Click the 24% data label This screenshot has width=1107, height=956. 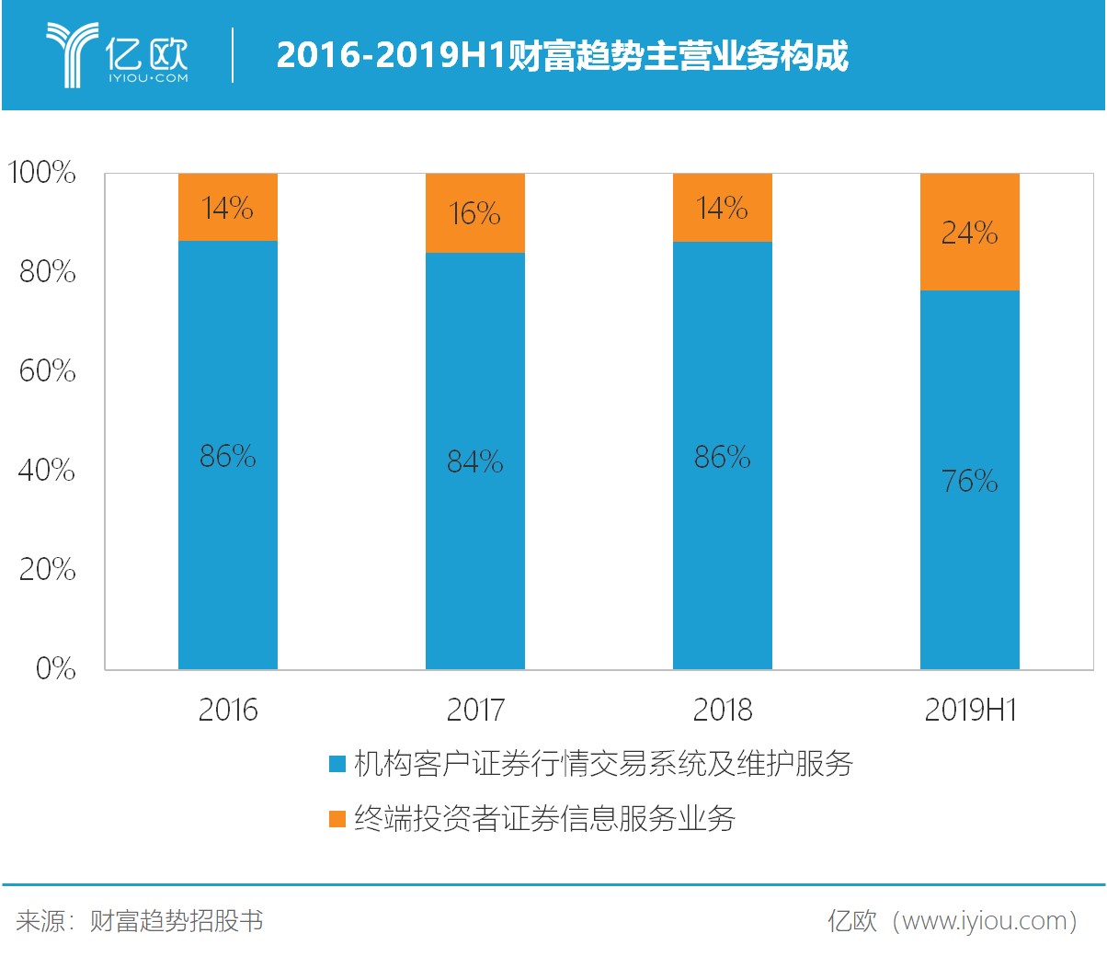(969, 233)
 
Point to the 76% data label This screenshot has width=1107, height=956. (969, 481)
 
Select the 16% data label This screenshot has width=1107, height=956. (474, 213)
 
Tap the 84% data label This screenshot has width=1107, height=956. (474, 461)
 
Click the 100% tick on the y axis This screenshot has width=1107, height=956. (42, 172)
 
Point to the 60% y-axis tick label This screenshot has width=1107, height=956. (47, 370)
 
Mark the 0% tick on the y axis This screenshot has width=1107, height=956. (55, 668)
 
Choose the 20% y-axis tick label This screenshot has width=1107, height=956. (47, 569)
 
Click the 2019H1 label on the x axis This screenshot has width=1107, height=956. (969, 710)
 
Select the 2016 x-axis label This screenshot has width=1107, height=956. (227, 710)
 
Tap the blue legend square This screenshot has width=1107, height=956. (337, 764)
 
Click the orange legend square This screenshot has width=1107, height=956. (337, 819)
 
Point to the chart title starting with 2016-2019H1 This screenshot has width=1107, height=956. (562, 56)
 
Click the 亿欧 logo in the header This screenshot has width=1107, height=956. (118, 56)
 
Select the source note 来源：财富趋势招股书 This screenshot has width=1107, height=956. (140, 920)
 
